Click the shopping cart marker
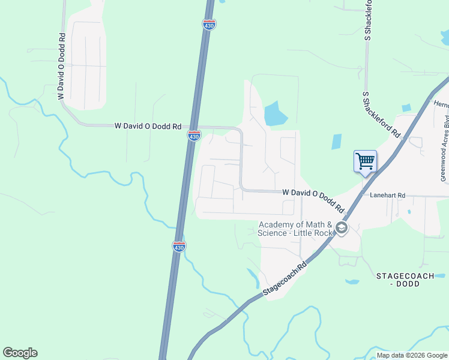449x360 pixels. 365,161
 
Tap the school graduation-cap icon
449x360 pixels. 342,228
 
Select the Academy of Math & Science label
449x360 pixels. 294,229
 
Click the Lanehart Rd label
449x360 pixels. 388,195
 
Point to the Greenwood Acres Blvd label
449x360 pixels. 444,151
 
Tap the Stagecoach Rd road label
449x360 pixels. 285,280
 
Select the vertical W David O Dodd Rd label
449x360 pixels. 61,66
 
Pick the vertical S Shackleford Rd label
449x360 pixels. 368,20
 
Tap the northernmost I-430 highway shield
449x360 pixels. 209,24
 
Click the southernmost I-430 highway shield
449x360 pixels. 179,246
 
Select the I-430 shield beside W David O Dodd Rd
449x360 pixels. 194,136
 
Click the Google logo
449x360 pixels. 20,353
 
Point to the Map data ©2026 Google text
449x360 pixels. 412,355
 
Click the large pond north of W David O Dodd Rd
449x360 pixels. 275,113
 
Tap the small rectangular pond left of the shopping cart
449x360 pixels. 336,142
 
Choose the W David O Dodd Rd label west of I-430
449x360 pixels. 148,127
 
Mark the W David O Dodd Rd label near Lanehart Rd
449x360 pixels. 313,200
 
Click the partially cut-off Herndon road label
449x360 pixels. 441,103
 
